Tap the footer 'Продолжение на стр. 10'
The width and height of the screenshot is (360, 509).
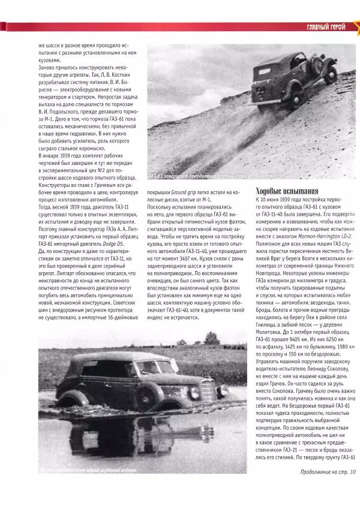[328, 471]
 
